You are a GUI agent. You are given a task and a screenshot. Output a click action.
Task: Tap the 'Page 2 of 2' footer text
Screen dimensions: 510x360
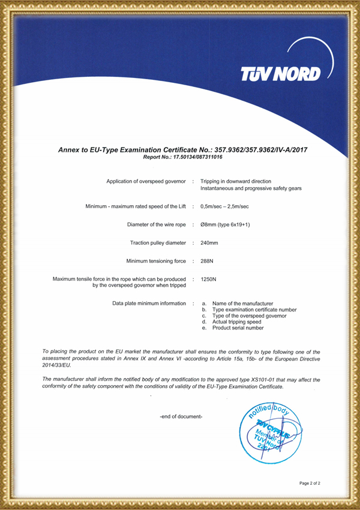coord(314,482)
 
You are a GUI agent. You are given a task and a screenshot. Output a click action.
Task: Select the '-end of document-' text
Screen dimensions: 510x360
coord(181,416)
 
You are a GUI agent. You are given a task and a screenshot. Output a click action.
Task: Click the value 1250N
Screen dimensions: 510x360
coord(209,280)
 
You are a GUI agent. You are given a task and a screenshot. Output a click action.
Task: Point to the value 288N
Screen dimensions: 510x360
coord(207,261)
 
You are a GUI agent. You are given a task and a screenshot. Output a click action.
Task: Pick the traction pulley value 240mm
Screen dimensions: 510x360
coord(209,243)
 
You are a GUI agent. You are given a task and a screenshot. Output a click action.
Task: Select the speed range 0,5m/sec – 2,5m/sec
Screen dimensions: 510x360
coord(224,206)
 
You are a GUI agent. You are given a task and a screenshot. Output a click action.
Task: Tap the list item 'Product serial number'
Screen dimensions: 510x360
coord(238,328)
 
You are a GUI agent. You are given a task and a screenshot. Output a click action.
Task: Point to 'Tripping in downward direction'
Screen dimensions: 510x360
coord(235,181)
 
